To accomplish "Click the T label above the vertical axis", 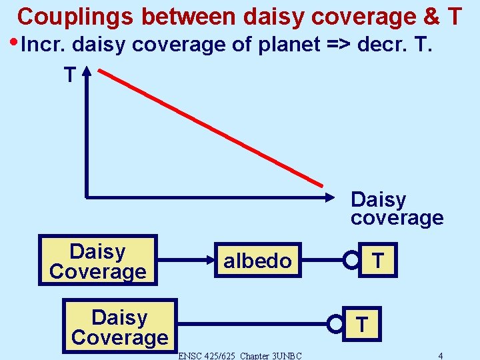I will pyautogui.click(x=69, y=75).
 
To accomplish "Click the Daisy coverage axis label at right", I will pyautogui.click(x=396, y=209).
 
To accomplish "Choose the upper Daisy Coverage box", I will pyautogui.click(x=98, y=261).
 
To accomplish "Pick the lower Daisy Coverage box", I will pyautogui.click(x=119, y=327).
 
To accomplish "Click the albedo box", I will pyautogui.click(x=257, y=261).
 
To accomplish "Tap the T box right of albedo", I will pyautogui.click(x=377, y=260).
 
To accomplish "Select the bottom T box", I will pyautogui.click(x=361, y=324).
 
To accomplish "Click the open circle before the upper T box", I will pyautogui.click(x=351, y=261).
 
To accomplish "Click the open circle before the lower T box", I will pyautogui.click(x=335, y=325).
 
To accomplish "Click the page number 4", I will pyautogui.click(x=441, y=355).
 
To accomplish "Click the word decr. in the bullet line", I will pyautogui.click(x=377, y=45).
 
